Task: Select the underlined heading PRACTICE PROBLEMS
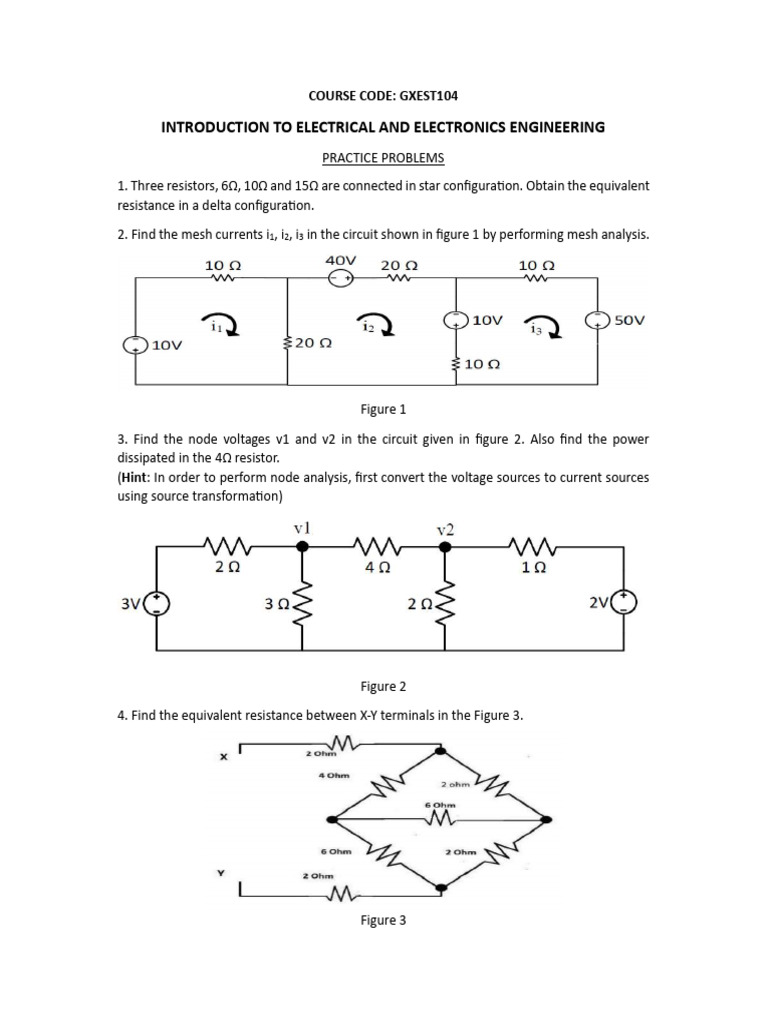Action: (x=383, y=158)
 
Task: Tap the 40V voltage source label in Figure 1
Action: (x=341, y=259)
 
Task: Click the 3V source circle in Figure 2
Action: (x=158, y=603)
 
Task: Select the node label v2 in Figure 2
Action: (x=446, y=528)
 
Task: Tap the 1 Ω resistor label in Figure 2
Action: (x=533, y=566)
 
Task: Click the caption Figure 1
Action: (x=383, y=410)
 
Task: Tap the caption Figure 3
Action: (x=383, y=920)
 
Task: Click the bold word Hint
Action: (x=139, y=478)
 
